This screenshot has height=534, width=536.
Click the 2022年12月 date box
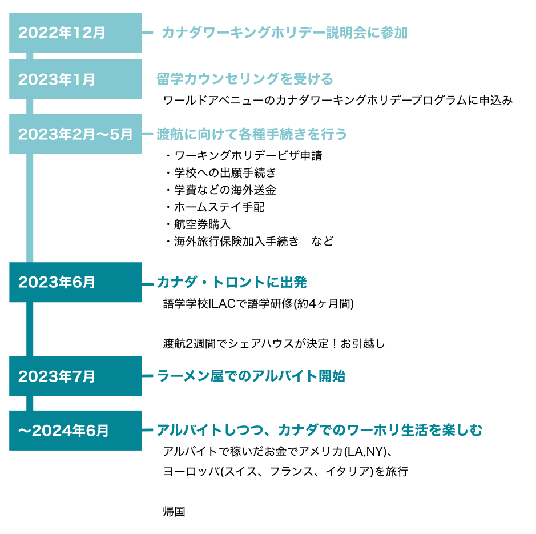tap(75, 33)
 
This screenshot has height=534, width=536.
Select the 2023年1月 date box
tap(75, 79)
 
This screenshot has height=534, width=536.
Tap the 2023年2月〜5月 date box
tap(75, 134)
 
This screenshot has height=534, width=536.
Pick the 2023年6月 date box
tap(75, 282)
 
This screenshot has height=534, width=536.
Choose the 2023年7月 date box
tap(75, 376)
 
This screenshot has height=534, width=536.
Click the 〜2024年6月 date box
tap(75, 431)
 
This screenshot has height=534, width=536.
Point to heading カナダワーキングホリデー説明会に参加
tap(284, 33)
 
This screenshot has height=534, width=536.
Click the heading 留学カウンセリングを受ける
tap(245, 79)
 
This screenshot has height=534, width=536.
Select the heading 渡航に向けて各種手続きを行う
tap(252, 134)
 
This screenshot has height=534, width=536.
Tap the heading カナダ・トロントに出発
tap(232, 283)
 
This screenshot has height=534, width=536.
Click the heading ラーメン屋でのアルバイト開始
tap(251, 376)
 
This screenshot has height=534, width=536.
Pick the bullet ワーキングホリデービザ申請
tap(248, 156)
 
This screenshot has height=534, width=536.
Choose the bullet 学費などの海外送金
tap(225, 190)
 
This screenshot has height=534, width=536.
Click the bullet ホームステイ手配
tap(219, 207)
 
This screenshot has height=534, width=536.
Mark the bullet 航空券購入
tap(203, 224)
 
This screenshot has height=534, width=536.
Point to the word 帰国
tap(174, 511)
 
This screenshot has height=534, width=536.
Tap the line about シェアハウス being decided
tap(274, 343)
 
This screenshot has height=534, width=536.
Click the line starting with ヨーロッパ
tap(285, 471)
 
